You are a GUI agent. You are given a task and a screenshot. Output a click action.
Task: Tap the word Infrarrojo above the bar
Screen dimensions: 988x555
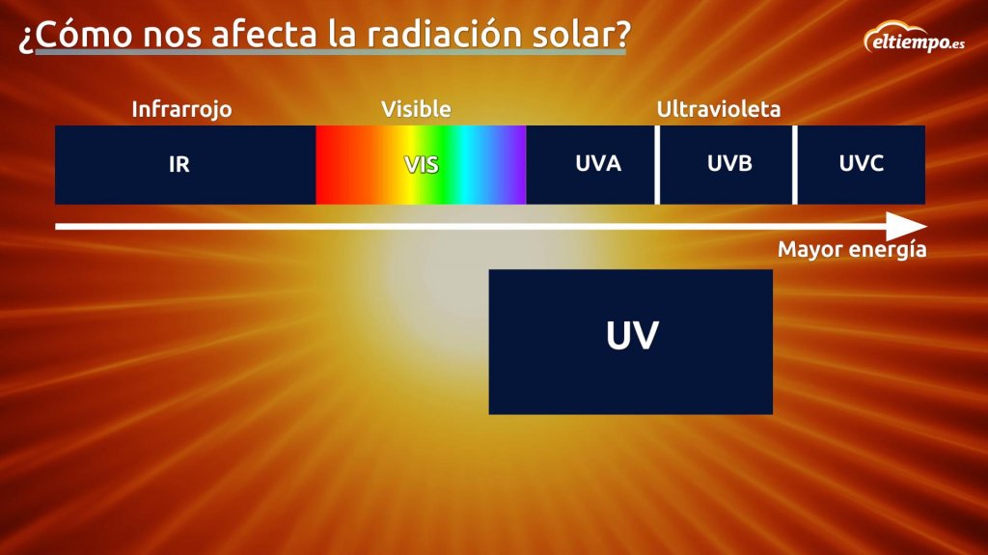(181, 110)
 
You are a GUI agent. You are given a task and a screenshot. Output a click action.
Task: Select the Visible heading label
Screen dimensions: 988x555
(416, 109)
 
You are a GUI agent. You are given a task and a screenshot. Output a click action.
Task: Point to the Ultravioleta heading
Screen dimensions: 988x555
(718, 109)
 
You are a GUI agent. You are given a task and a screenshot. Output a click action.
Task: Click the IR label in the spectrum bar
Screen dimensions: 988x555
(178, 165)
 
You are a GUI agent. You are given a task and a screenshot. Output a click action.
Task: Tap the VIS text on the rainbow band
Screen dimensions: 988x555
(421, 165)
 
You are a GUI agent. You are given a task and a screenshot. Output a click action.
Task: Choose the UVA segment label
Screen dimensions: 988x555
(598, 164)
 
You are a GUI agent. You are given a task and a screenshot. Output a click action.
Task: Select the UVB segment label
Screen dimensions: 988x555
(729, 164)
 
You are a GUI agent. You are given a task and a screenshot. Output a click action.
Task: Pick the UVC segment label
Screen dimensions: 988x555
(861, 164)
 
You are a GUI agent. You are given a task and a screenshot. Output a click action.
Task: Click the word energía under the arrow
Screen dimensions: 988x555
(888, 250)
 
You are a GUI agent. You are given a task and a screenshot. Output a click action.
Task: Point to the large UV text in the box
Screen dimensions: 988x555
(632, 336)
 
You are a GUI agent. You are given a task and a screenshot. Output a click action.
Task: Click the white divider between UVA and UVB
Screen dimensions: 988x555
(657, 165)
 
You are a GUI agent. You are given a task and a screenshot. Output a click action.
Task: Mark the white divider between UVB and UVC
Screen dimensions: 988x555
(795, 165)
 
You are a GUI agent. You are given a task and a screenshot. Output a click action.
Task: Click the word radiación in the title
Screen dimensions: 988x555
(445, 34)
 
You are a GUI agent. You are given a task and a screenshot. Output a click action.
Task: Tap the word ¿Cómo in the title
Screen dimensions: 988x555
(75, 36)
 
